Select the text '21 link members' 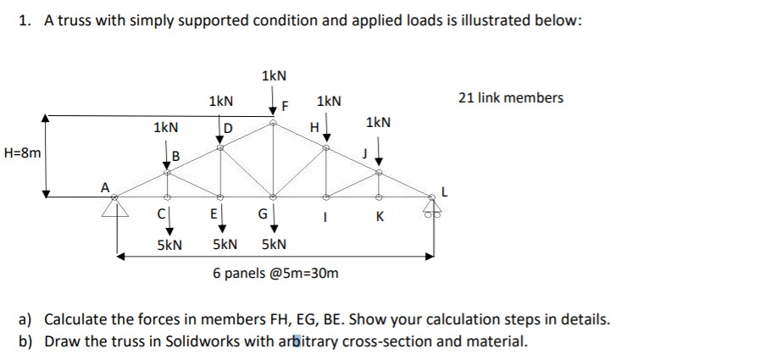click(x=510, y=98)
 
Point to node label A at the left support click(x=105, y=188)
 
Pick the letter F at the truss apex click(x=286, y=108)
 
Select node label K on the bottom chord click(x=379, y=218)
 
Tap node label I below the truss click(x=326, y=218)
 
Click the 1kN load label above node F click(x=274, y=76)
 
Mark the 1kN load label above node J click(x=378, y=123)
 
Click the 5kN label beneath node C click(x=169, y=245)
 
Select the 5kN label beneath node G click(x=274, y=245)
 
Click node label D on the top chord click(x=228, y=129)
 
